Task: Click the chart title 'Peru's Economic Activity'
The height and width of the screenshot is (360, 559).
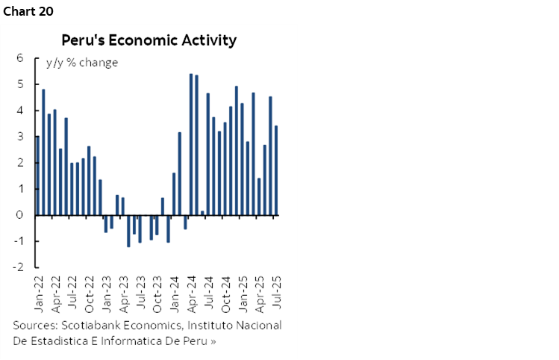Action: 149,40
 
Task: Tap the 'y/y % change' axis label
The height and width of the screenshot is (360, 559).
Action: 81,63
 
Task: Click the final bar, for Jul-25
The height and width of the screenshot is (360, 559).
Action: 277,170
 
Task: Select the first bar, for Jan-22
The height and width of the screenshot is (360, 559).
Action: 37,176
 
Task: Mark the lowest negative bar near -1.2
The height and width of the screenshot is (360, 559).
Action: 128,231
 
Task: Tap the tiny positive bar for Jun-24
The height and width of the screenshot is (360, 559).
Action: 202,213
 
